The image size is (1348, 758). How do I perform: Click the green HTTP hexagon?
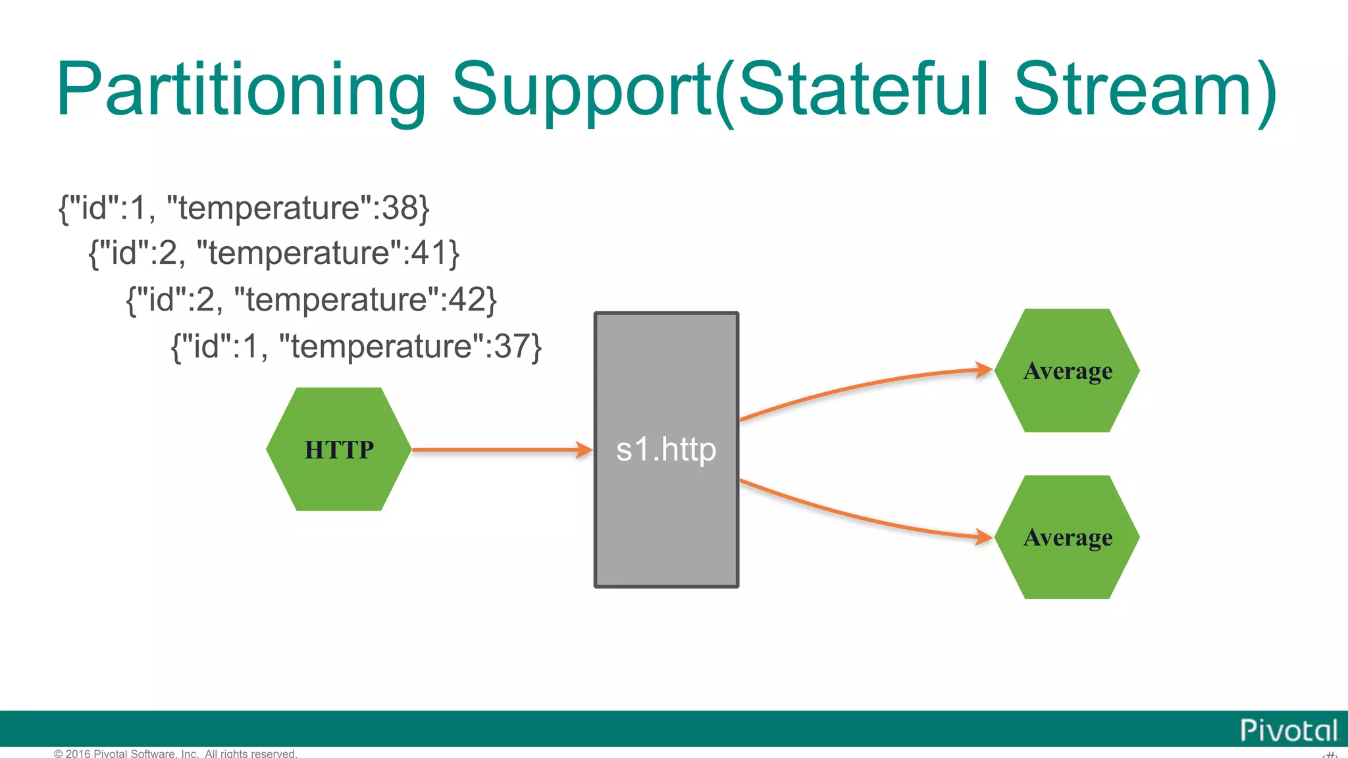tap(338, 449)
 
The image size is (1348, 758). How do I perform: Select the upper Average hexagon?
tap(1067, 370)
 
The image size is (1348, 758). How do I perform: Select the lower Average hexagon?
tap(1067, 537)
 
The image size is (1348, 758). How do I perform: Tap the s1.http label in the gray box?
tap(666, 450)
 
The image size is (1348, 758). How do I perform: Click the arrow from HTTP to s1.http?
tap(494, 450)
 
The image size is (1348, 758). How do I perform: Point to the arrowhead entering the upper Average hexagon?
tap(983, 370)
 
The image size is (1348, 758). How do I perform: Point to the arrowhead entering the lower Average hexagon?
tap(983, 537)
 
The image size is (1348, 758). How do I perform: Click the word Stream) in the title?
tap(1145, 90)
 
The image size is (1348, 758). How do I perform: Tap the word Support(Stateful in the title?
tap(719, 90)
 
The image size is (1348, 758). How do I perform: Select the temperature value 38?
tap(400, 209)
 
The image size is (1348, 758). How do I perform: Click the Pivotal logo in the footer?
tap(1288, 730)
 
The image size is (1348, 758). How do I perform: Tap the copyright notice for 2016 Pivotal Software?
tap(176, 753)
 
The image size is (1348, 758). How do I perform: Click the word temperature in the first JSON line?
tap(269, 209)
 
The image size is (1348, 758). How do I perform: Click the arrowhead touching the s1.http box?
tap(584, 450)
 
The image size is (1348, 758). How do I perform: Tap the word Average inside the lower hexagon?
tap(1068, 538)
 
